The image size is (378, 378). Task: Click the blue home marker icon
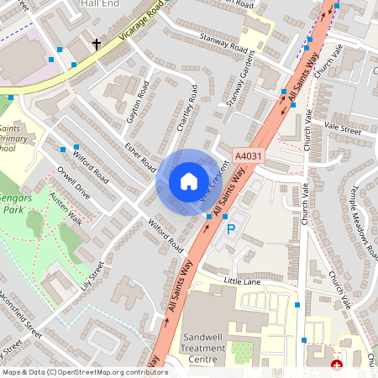click(188, 181)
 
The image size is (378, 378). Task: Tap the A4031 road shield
click(247, 155)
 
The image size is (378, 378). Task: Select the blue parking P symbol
click(231, 228)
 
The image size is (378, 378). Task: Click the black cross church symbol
click(97, 44)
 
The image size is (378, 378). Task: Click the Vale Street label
click(342, 131)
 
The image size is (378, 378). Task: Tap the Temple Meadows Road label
click(361, 220)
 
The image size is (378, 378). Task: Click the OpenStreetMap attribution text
click(85, 371)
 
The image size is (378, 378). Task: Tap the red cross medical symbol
click(338, 365)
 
